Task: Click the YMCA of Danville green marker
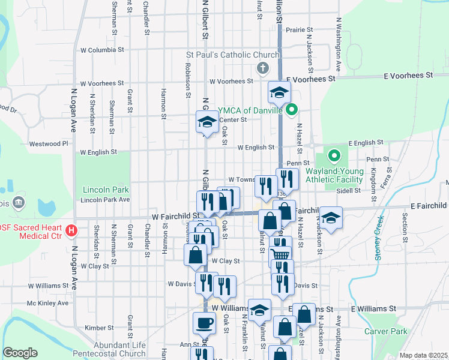coord(292,110)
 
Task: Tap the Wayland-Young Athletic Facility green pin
coord(334,157)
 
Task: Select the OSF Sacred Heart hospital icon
coord(71,230)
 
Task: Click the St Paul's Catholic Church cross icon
coord(262,67)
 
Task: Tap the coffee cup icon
coord(204,323)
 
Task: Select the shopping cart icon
coord(280,254)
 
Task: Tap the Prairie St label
coord(300,29)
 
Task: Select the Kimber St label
coord(95,328)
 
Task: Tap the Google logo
coord(20,353)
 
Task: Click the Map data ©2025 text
coord(423,355)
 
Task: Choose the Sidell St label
coord(348,190)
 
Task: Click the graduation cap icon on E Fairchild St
coord(330,217)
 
